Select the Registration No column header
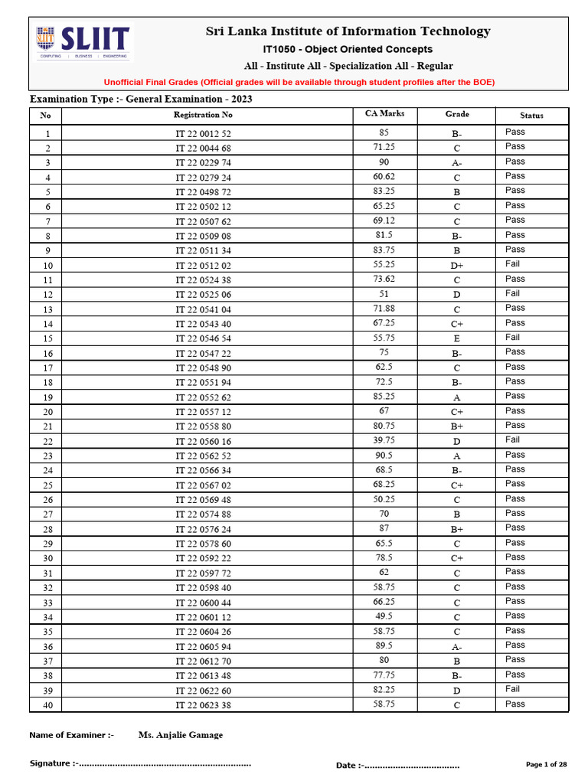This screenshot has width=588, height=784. pyautogui.click(x=203, y=115)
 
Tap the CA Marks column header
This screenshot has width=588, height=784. pyautogui.click(x=384, y=114)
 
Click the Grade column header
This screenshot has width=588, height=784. pyautogui.click(x=457, y=114)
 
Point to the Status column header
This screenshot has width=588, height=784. pyautogui.click(x=531, y=116)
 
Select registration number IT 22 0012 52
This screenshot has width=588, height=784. pyautogui.click(x=203, y=133)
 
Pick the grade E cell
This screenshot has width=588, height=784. pyautogui.click(x=457, y=338)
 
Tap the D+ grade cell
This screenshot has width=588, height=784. pyautogui.click(x=457, y=265)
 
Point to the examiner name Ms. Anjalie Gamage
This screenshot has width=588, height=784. pyautogui.click(x=181, y=735)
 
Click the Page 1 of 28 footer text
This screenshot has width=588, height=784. pyautogui.click(x=547, y=765)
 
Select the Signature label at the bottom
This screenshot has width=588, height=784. pyautogui.click(x=51, y=763)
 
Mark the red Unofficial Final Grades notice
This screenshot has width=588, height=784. pyautogui.click(x=299, y=82)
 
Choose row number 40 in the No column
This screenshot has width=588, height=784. pyautogui.click(x=47, y=705)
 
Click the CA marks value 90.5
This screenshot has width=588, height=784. pyautogui.click(x=384, y=455)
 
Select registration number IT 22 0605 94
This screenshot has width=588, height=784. pyautogui.click(x=203, y=647)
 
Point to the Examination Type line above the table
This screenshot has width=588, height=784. pyautogui.click(x=141, y=100)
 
